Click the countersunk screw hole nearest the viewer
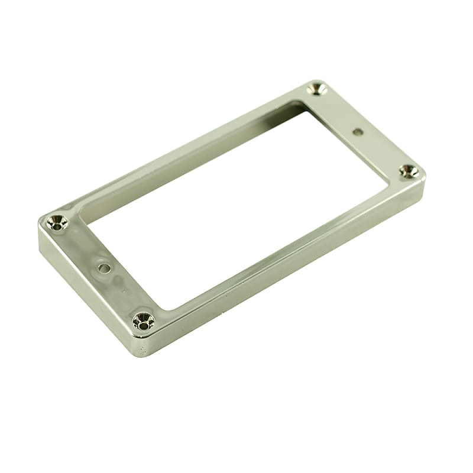pyautogui.click(x=143, y=321)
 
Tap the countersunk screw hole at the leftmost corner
pyautogui.click(x=58, y=222)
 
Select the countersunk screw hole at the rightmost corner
pyautogui.click(x=409, y=171)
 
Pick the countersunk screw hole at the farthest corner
pyautogui.click(x=318, y=89)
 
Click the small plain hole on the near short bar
pyautogui.click(x=105, y=268)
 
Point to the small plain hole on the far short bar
pyautogui.click(x=358, y=131)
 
